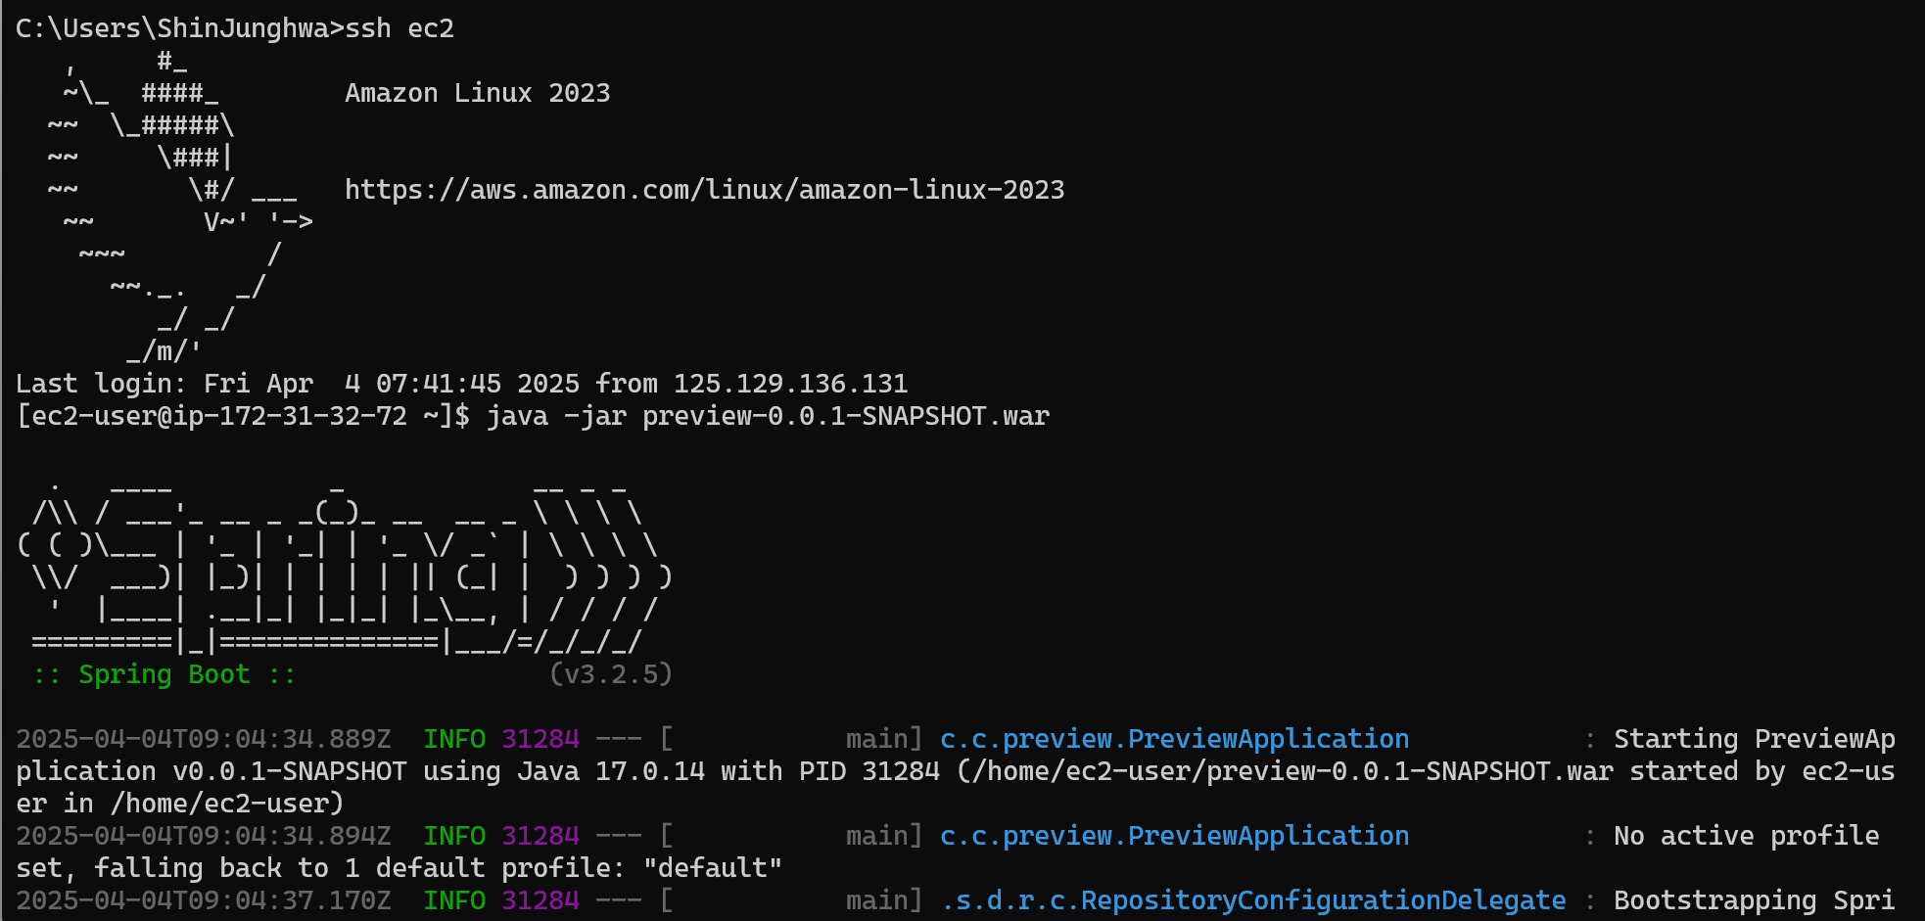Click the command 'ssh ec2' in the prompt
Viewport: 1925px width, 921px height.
tap(399, 28)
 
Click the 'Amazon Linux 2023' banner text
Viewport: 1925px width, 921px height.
tap(478, 93)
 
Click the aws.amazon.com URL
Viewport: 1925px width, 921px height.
tap(704, 190)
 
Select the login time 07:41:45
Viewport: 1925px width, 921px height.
tap(438, 384)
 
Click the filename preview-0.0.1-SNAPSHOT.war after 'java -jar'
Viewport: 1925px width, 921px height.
tap(845, 416)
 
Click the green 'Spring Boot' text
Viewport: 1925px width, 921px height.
tap(164, 674)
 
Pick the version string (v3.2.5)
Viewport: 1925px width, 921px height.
tap(611, 674)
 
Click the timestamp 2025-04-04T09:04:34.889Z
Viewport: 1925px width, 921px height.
tap(204, 739)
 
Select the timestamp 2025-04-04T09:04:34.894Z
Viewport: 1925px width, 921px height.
tap(204, 836)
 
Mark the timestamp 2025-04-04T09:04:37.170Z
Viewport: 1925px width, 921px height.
tap(204, 900)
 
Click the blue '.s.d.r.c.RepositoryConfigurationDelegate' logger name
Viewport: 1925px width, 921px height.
tap(1253, 900)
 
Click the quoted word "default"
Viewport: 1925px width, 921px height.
tap(713, 868)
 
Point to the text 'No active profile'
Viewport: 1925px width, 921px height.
tap(1746, 836)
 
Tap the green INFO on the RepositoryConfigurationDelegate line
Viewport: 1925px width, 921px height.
tap(454, 900)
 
